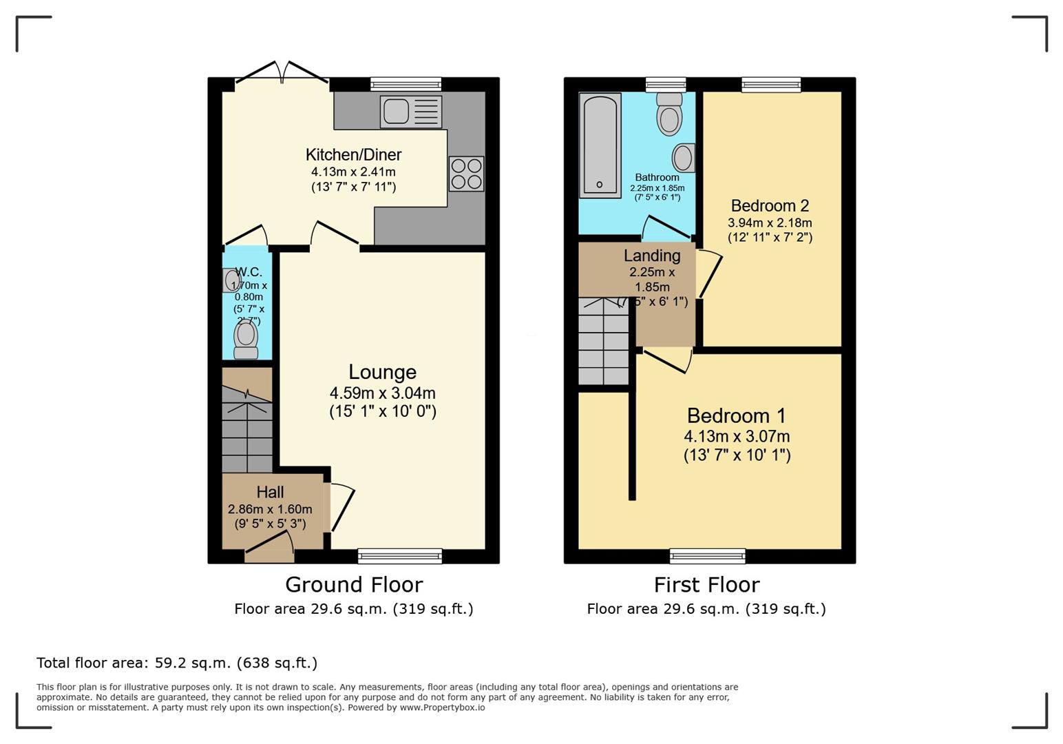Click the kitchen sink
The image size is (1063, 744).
[411, 112]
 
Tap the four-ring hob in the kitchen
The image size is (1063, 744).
[466, 174]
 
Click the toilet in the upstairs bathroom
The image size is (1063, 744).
[669, 114]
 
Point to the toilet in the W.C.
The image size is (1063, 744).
[246, 340]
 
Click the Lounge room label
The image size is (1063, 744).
[382, 372]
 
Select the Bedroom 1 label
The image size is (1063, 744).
[736, 415]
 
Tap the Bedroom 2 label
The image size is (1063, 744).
[770, 205]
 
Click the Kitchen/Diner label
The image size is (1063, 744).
[353, 154]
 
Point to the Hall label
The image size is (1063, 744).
[270, 492]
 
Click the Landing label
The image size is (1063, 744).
[651, 256]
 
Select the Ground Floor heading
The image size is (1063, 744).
[354, 584]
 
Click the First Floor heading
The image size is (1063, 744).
[706, 584]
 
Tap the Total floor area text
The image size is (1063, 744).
[177, 663]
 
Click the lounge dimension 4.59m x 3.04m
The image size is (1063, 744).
[382, 393]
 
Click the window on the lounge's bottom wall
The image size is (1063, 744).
[400, 555]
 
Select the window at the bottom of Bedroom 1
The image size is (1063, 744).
[707, 555]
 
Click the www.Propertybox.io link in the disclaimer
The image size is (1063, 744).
[442, 707]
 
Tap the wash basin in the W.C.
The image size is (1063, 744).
[230, 280]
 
